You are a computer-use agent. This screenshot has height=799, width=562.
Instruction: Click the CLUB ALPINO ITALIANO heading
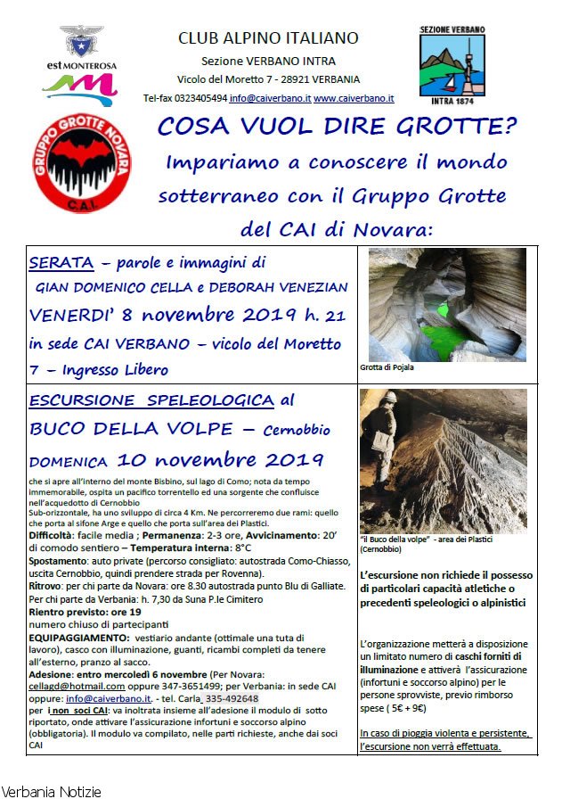click(x=268, y=37)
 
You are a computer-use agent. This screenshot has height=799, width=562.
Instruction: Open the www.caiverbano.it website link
click(x=354, y=98)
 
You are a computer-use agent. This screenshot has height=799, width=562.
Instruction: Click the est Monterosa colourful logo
click(x=79, y=82)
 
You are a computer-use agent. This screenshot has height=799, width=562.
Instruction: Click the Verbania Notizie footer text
click(x=51, y=791)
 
